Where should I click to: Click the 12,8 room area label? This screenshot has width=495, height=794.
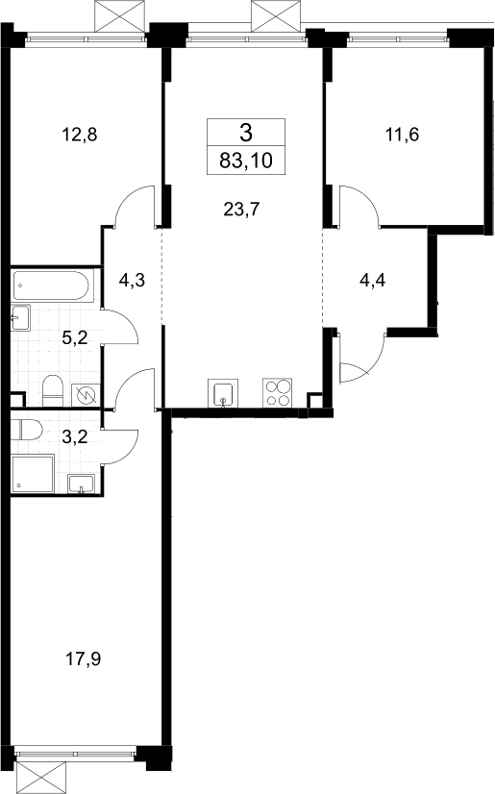point(79,135)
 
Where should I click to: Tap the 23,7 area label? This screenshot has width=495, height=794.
point(241,209)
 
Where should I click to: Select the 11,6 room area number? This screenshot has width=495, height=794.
point(402,135)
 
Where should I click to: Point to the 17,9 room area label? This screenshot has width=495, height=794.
point(83,658)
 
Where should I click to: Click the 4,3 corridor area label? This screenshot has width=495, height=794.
point(132,280)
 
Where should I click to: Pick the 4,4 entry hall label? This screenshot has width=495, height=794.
point(373,280)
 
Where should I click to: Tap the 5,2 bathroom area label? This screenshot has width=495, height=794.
point(74,337)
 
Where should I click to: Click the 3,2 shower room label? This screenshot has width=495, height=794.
point(74,436)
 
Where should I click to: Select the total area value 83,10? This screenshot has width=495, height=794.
point(246,161)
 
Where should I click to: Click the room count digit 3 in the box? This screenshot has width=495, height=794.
point(246,134)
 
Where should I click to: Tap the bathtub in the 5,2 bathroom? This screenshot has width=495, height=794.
point(52,285)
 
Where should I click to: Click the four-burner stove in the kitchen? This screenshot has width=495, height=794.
point(278,392)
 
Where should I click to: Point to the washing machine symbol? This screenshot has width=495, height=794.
point(86,394)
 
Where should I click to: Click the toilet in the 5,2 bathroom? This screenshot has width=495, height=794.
point(53,391)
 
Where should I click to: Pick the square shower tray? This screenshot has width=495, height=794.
point(32,474)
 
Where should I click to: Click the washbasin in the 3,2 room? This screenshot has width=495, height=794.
point(81,484)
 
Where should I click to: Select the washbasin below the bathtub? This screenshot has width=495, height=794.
point(21,317)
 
